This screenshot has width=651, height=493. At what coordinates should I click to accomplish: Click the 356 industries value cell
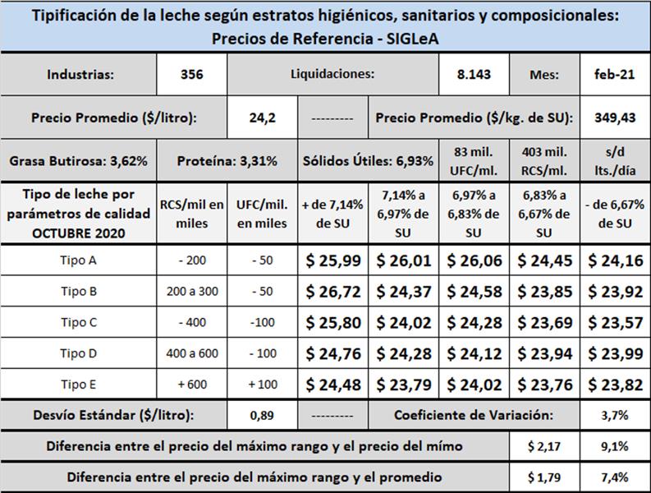click(x=191, y=75)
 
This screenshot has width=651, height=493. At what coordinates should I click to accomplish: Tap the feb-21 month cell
click(x=614, y=75)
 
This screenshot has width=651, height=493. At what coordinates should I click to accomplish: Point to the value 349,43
click(x=614, y=117)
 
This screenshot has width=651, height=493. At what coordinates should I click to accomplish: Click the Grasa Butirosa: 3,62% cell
click(x=79, y=161)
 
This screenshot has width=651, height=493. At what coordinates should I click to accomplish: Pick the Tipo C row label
click(x=79, y=322)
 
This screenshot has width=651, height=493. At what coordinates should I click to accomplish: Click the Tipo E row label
click(x=79, y=385)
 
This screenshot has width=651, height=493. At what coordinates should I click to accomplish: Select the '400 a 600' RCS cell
click(x=191, y=353)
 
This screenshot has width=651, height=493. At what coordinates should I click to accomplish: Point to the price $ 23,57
click(x=614, y=322)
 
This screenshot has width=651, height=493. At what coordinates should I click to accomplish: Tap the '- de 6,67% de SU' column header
click(x=614, y=216)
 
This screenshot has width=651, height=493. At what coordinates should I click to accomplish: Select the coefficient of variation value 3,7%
click(x=614, y=415)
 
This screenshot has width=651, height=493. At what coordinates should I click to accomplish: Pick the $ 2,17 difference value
click(x=543, y=446)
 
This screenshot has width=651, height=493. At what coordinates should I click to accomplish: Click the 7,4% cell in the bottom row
click(x=614, y=477)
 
